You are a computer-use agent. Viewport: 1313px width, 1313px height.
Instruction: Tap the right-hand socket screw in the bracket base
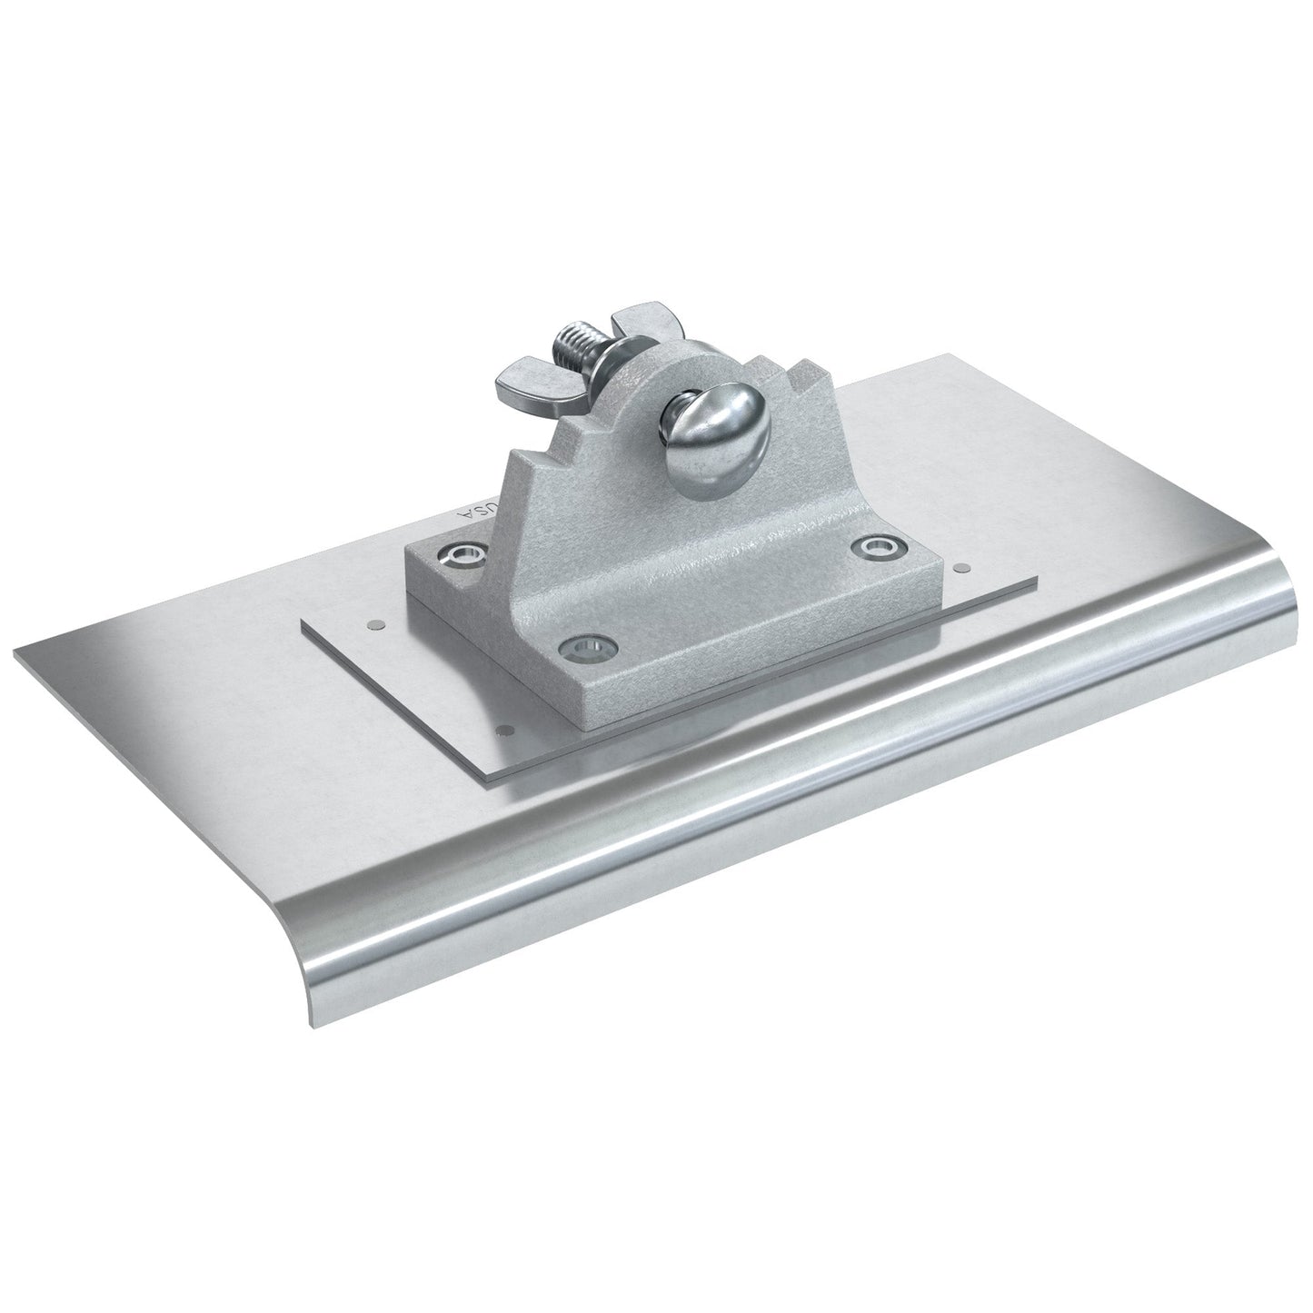(876, 546)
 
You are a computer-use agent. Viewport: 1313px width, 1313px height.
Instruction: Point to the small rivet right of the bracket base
(961, 569)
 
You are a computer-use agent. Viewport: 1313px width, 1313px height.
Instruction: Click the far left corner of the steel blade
(16, 649)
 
